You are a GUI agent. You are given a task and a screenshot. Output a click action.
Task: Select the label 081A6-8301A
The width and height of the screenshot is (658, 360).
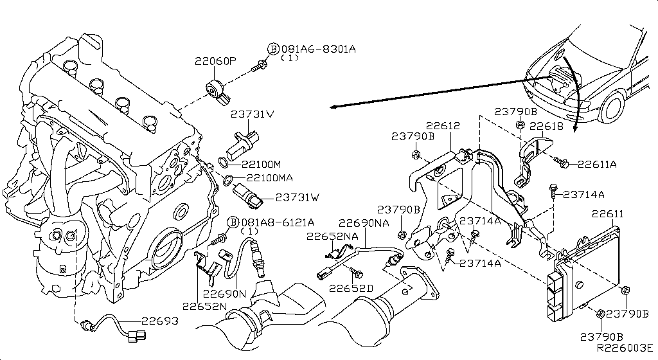(317, 49)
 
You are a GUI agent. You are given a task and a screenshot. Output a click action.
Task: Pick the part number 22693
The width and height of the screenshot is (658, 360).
(161, 321)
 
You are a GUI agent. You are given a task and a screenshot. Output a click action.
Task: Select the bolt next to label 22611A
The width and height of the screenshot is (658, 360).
(563, 163)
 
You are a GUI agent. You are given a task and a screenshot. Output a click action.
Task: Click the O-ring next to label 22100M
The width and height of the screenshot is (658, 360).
(222, 161)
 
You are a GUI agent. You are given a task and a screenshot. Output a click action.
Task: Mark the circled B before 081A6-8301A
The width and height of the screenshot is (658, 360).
(273, 50)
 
